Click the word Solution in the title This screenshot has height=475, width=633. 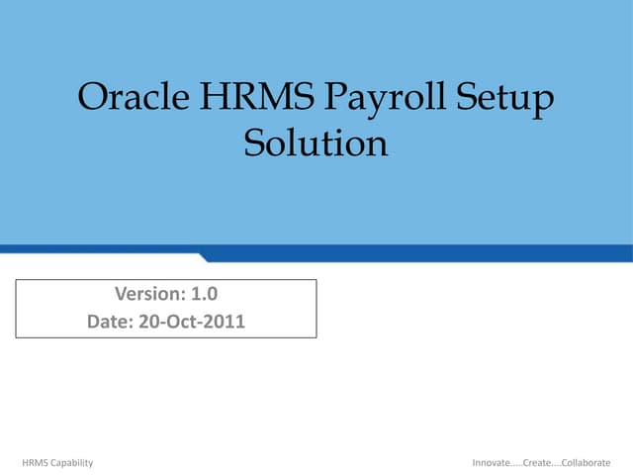(316, 143)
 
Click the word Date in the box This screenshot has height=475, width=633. (108, 322)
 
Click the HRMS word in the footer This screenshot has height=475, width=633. (35, 463)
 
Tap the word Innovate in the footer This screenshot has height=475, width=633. (493, 463)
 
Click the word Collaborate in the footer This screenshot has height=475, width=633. (585, 463)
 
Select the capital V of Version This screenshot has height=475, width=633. (121, 294)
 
